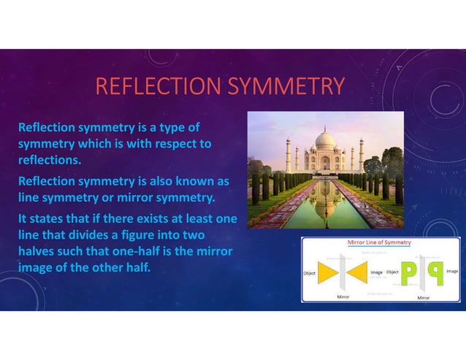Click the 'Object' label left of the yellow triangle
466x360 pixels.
tap(310, 272)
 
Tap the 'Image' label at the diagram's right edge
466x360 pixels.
tap(451, 271)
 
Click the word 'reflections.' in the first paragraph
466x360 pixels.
tap(50, 159)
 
